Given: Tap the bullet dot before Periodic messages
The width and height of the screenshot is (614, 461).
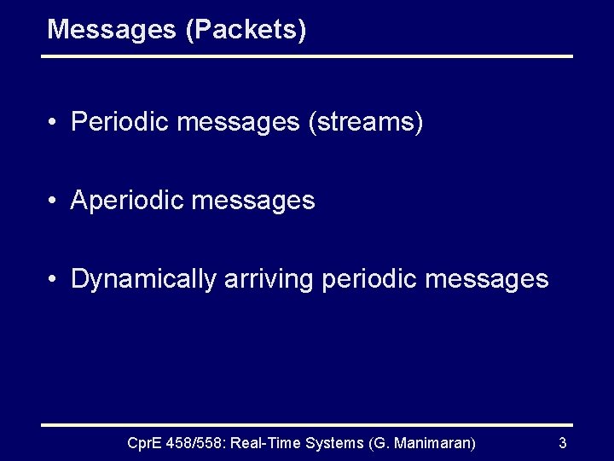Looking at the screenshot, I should point(53,123).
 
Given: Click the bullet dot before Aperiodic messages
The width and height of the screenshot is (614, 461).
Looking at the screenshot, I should point(53,201).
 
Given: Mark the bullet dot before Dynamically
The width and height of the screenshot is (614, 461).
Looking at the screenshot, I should point(53,279).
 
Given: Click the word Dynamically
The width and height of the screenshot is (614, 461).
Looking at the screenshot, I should point(143,279).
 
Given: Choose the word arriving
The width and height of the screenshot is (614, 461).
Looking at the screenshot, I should point(269,279).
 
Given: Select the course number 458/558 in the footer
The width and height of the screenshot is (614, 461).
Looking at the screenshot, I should point(198,442).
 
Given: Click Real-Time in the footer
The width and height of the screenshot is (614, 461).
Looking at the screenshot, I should point(272,442).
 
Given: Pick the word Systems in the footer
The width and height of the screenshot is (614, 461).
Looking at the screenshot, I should point(339,442).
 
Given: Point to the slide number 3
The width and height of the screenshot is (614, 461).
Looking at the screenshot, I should point(562,442).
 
